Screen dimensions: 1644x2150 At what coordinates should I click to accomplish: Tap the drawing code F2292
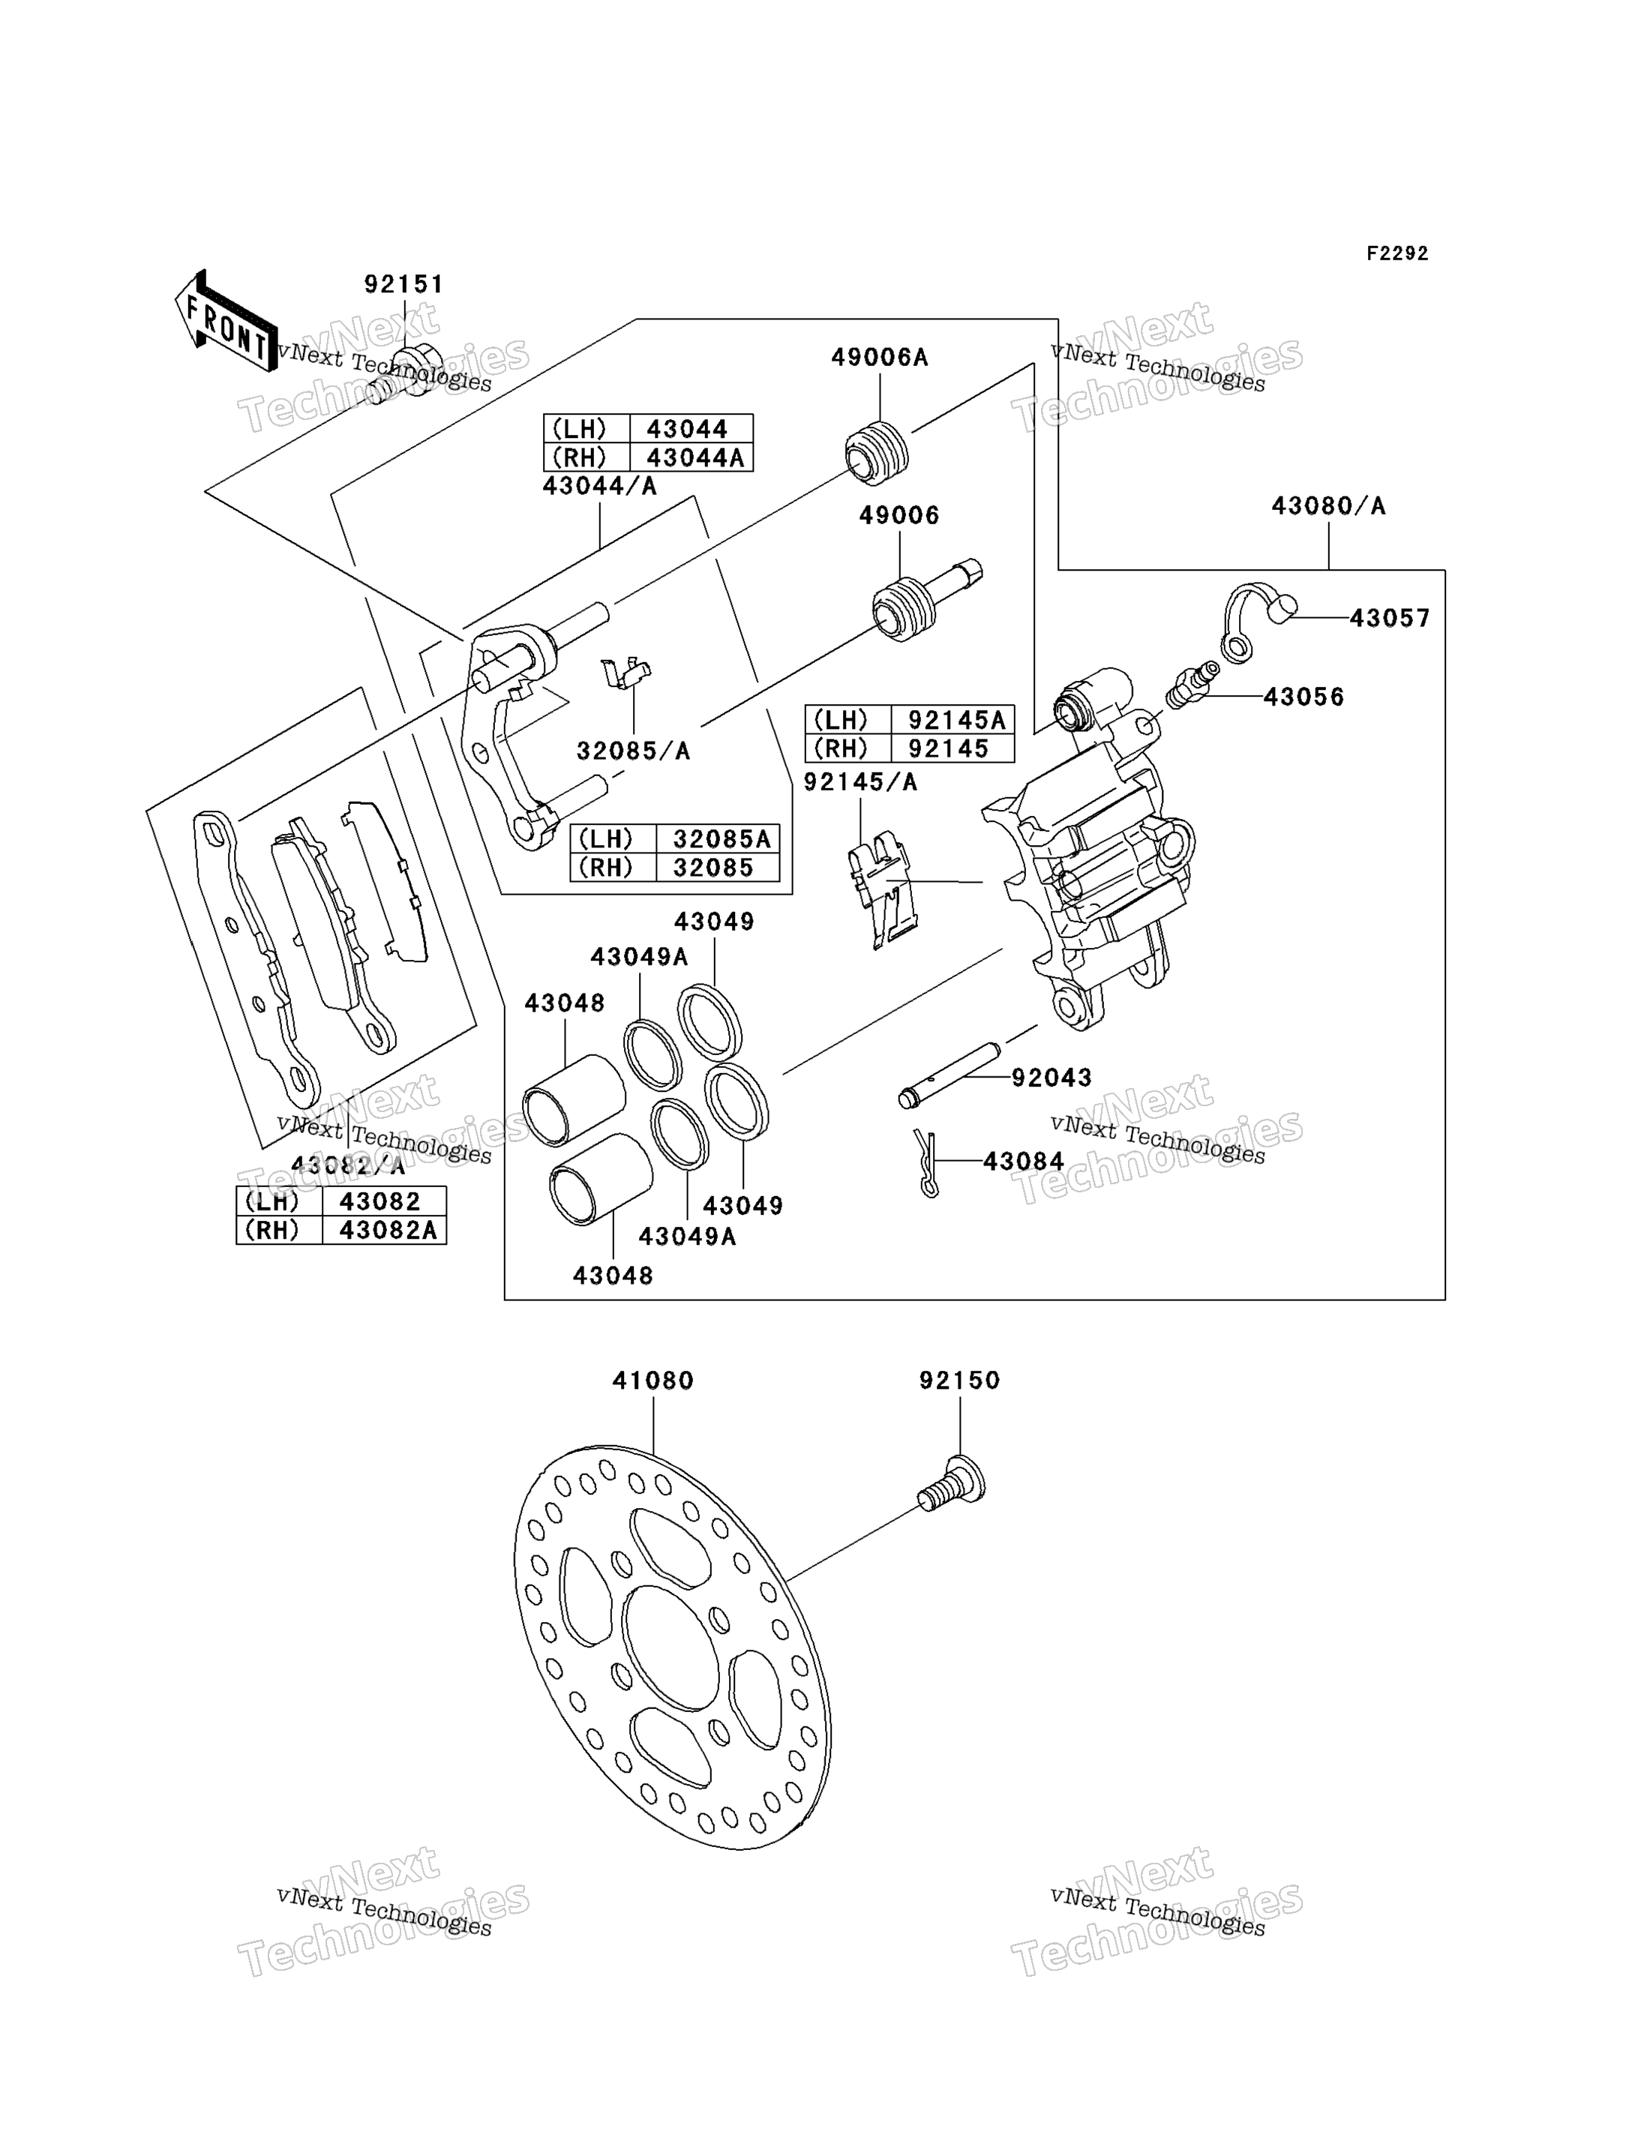(1397, 253)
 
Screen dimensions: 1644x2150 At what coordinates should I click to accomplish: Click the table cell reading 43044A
(691, 457)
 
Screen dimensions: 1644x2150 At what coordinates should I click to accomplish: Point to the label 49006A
(880, 357)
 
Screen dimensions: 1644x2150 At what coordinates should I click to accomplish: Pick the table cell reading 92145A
(953, 720)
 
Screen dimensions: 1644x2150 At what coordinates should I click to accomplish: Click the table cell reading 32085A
(717, 838)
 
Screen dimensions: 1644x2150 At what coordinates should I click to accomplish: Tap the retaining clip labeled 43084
(928, 1162)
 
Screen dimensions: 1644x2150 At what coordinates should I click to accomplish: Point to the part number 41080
(652, 1380)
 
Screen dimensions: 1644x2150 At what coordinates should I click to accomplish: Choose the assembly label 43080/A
(1328, 506)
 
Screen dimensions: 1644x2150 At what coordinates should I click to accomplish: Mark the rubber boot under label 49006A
(877, 451)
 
